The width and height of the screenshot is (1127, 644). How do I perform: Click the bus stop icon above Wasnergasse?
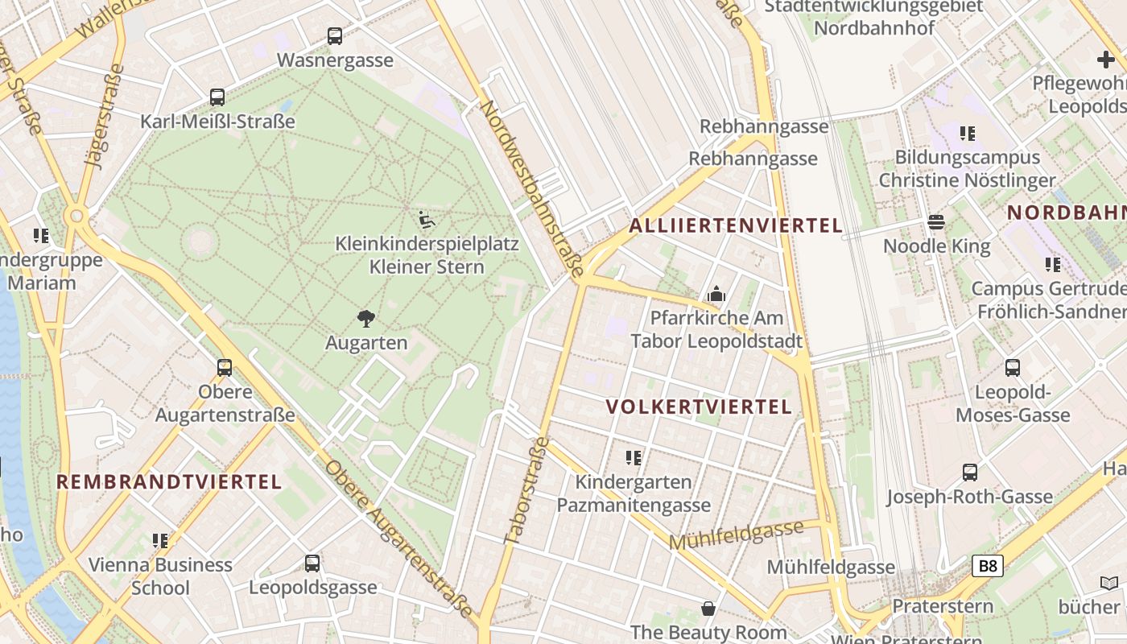[335, 36]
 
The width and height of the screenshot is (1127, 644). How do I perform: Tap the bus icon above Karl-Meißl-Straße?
[217, 97]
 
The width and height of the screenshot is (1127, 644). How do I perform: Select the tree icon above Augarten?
[366, 318]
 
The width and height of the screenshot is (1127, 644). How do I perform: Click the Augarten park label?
[366, 343]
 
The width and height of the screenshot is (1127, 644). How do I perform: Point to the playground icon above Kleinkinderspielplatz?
[427, 218]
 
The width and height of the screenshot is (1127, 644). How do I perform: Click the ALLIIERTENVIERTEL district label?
[736, 225]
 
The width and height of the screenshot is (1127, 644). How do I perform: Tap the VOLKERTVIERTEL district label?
[700, 407]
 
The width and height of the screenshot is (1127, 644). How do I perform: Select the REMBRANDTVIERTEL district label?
[169, 482]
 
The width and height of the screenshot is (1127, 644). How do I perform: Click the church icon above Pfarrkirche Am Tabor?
[716, 294]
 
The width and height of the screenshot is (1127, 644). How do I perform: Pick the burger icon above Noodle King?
[936, 221]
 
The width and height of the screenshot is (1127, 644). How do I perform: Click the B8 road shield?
[987, 566]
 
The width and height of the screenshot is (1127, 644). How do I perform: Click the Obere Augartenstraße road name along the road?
[399, 539]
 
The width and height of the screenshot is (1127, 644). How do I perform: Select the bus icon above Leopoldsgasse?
[312, 563]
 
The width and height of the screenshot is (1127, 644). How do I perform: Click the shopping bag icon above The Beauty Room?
[708, 608]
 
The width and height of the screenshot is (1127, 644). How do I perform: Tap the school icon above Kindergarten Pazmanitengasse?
[634, 458]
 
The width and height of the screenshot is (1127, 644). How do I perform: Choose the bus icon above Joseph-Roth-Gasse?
[970, 473]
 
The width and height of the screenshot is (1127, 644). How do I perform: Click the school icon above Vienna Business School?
[160, 541]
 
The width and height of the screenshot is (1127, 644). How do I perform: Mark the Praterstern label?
[943, 606]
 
